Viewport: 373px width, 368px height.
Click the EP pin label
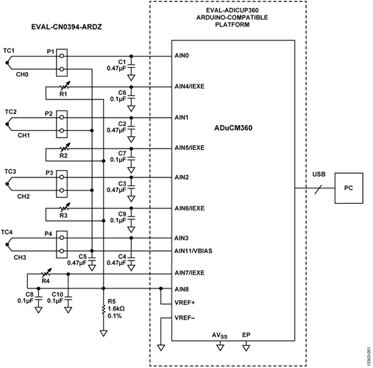coord(246,335)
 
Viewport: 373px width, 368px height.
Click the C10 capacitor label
coord(57,294)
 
